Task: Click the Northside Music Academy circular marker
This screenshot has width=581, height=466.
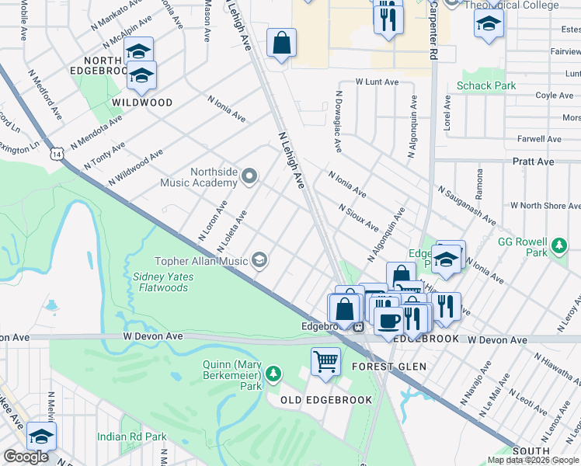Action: tap(249, 176)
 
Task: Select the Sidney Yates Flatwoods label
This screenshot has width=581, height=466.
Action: tap(161, 282)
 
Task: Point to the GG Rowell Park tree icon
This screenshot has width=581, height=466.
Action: tap(558, 248)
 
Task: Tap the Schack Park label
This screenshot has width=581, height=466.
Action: tap(485, 85)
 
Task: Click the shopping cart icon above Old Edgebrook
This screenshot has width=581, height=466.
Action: tap(325, 360)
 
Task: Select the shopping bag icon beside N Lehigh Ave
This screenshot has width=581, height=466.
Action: tap(281, 43)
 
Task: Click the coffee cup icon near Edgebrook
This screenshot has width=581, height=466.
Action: tap(389, 319)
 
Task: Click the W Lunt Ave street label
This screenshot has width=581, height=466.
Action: tap(377, 82)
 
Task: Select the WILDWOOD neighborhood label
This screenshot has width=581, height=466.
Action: tap(141, 103)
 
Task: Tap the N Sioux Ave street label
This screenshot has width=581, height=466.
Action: tap(358, 218)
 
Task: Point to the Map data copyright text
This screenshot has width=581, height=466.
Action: tap(533, 460)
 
